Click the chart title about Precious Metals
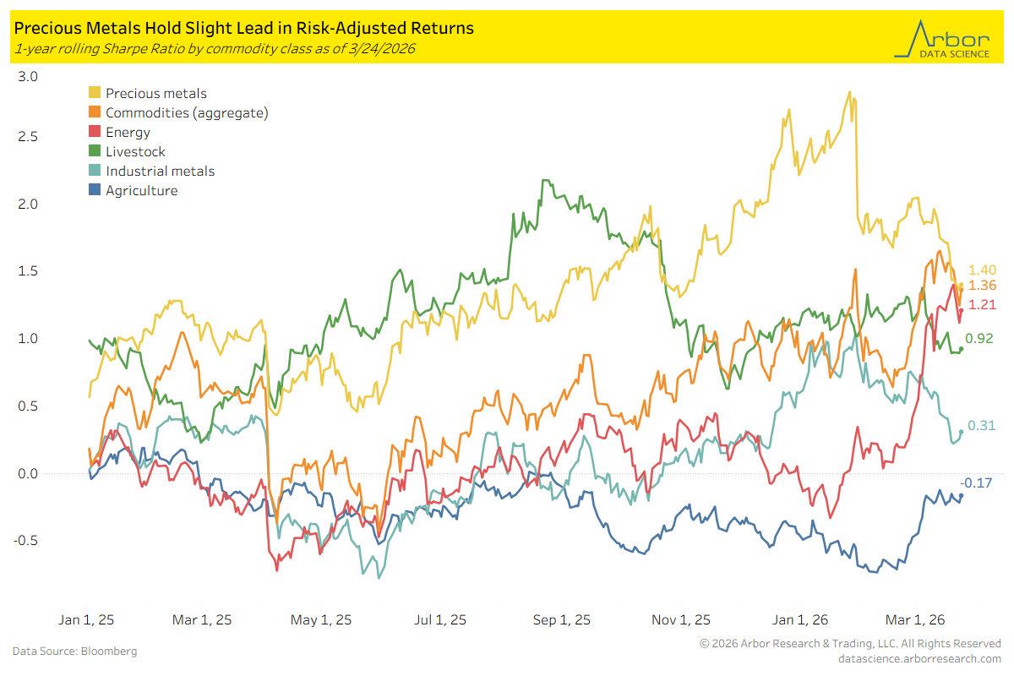click(243, 28)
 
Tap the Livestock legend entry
click(135, 152)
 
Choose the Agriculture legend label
click(142, 191)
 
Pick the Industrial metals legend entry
click(160, 172)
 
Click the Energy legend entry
click(128, 133)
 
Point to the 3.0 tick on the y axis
click(28, 76)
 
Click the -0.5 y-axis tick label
click(26, 541)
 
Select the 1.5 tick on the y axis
click(28, 271)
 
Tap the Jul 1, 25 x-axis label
click(440, 620)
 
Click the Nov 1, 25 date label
click(681, 620)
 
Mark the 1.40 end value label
click(982, 270)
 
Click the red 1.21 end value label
click(982, 305)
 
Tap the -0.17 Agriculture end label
click(976, 483)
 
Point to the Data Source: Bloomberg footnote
click(74, 651)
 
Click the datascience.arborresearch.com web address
click(919, 658)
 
